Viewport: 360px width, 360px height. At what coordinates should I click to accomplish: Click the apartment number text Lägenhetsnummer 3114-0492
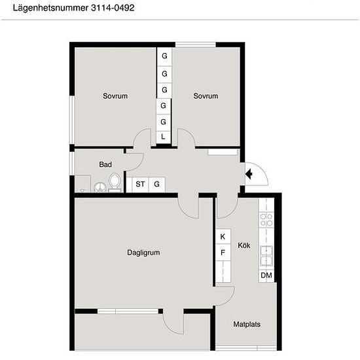pyautogui.click(x=73, y=8)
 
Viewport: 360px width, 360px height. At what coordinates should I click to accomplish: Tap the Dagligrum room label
pyautogui.click(x=143, y=253)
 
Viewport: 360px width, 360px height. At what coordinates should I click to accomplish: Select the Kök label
pyautogui.click(x=244, y=245)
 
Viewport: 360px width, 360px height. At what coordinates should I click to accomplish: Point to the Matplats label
pyautogui.click(x=247, y=324)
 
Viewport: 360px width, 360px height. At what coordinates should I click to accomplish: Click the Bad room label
pyautogui.click(x=105, y=164)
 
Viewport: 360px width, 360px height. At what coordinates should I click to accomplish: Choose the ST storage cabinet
pyautogui.click(x=140, y=185)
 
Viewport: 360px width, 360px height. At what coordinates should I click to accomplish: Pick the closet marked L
pyautogui.click(x=163, y=137)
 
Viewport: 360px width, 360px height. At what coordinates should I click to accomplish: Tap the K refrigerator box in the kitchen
pyautogui.click(x=223, y=236)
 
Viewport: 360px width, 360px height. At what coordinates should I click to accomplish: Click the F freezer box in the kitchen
pyautogui.click(x=223, y=253)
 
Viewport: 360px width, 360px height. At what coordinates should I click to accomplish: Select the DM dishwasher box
pyautogui.click(x=266, y=276)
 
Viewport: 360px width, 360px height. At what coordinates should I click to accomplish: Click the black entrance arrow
pyautogui.click(x=249, y=174)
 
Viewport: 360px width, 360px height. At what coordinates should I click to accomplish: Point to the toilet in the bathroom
pyautogui.click(x=115, y=183)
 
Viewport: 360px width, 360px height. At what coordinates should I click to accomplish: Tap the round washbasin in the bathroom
pyautogui.click(x=100, y=187)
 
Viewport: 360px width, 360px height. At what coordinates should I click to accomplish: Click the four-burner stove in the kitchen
pyautogui.click(x=266, y=220)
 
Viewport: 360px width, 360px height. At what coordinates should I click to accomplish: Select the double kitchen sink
pyautogui.click(x=266, y=256)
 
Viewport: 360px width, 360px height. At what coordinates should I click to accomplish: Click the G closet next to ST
pyautogui.click(x=157, y=185)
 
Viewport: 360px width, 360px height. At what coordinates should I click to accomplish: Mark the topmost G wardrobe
pyautogui.click(x=164, y=56)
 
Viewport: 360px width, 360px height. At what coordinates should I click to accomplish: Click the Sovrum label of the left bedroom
pyautogui.click(x=115, y=96)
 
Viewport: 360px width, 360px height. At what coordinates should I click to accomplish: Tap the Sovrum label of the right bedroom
pyautogui.click(x=206, y=96)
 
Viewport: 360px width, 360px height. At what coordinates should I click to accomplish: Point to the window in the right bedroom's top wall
pyautogui.click(x=196, y=45)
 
